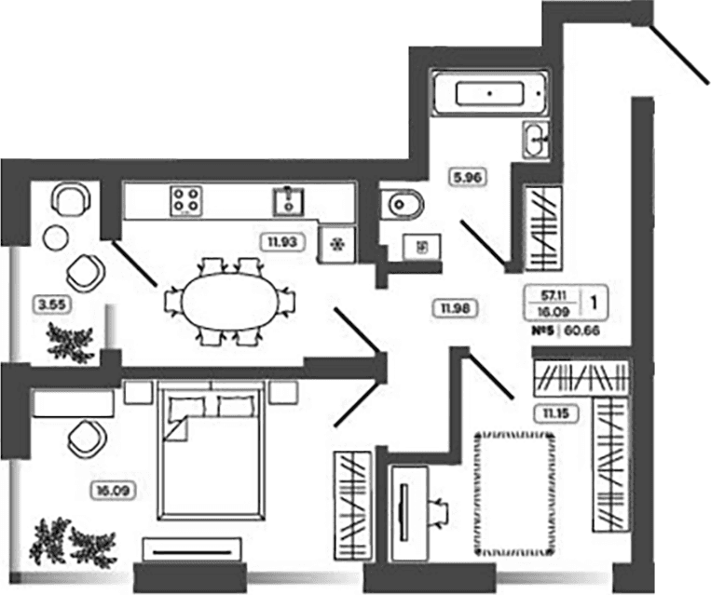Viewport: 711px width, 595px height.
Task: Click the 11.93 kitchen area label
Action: (282, 241)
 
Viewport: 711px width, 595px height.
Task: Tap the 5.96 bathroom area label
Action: (467, 177)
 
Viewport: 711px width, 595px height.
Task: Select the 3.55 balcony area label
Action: (52, 304)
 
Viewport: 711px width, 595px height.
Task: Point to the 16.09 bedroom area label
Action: (113, 491)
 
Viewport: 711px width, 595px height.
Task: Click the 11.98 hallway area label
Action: (455, 308)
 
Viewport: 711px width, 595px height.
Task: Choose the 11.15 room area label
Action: (555, 413)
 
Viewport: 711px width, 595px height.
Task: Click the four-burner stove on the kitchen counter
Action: (186, 200)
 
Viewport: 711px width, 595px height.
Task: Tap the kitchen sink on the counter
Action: (289, 201)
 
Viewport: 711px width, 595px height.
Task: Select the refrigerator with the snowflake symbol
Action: (336, 245)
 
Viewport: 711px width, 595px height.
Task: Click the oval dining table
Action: (229, 301)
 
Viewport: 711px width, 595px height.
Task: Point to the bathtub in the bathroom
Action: (490, 93)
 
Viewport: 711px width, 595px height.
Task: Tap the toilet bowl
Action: (402, 204)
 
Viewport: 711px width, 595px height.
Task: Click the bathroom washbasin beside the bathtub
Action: (536, 139)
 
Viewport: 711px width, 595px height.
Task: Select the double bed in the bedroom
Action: (211, 451)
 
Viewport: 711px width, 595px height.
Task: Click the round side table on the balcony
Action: (56, 237)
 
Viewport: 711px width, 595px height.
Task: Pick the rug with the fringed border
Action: (514, 494)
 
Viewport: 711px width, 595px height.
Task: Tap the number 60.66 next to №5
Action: (582, 331)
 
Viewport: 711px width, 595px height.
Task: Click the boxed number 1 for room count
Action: (594, 302)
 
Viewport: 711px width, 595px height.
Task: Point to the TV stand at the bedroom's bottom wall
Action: (192, 549)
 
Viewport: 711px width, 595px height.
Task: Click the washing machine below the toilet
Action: (422, 247)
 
